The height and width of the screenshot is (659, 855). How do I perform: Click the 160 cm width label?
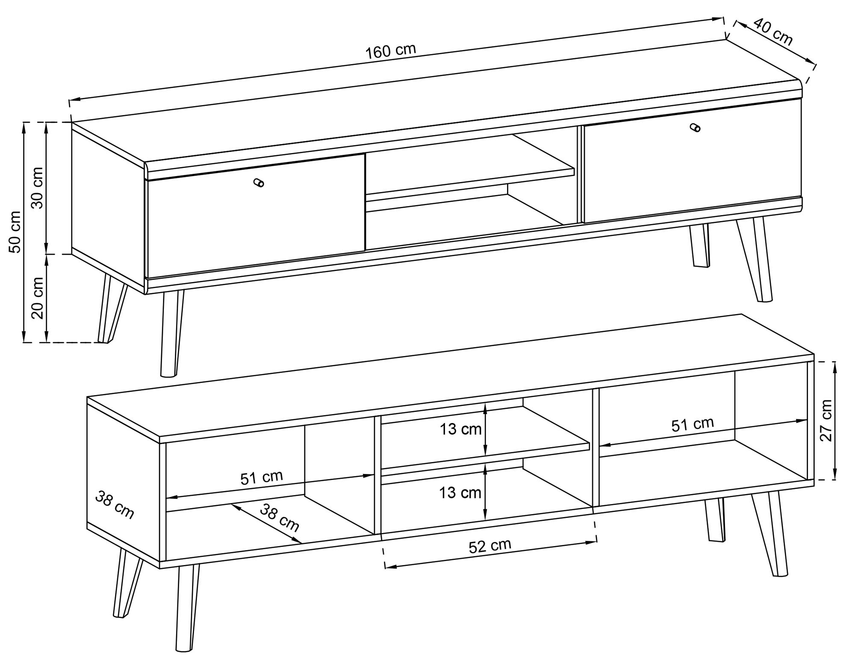(390, 50)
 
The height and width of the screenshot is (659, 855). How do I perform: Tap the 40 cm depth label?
(772, 32)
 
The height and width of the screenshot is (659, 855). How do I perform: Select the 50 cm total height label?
(15, 232)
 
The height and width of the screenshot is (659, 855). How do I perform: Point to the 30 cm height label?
(38, 188)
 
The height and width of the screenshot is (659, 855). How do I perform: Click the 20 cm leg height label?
(38, 298)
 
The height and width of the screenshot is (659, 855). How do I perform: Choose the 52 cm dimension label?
(490, 546)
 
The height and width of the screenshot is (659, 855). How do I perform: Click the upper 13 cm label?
(461, 429)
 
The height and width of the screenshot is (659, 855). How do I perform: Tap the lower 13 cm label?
(460, 492)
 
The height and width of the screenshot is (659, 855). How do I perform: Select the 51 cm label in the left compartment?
(262, 477)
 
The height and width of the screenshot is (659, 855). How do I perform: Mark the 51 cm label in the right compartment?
(693, 424)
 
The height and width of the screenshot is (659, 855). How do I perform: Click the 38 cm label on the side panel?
(115, 505)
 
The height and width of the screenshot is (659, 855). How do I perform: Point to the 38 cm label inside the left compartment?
(280, 518)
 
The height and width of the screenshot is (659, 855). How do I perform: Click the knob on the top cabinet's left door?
(259, 182)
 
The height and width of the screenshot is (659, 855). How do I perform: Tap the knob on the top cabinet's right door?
(695, 127)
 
